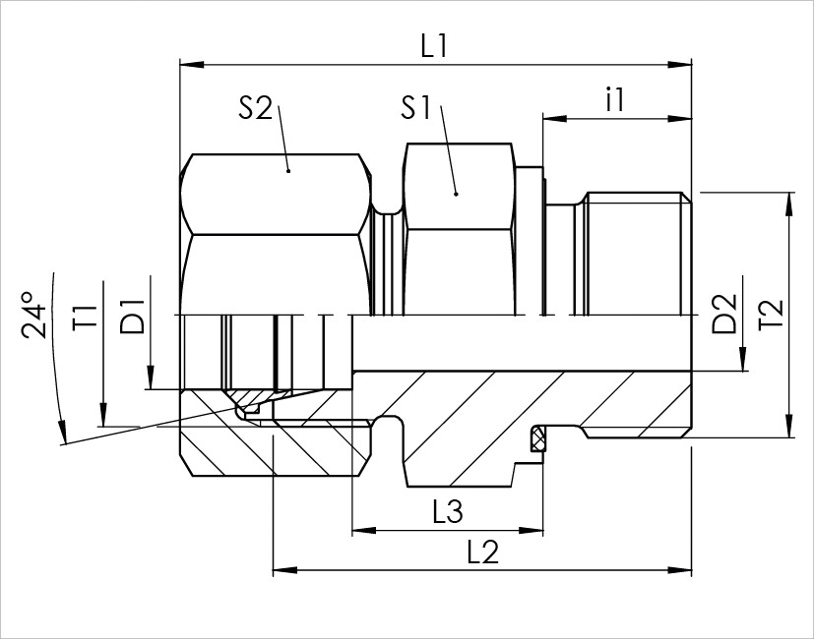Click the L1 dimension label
[x=433, y=46]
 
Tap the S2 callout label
[x=255, y=108]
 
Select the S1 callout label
[x=416, y=108]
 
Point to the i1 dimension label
[x=615, y=99]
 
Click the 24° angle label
[x=34, y=315]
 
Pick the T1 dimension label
[x=85, y=318]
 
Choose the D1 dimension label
[x=131, y=317]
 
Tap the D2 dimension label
[x=724, y=314]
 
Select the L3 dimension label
[x=448, y=512]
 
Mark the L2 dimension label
[x=483, y=552]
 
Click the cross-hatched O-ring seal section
[x=536, y=439]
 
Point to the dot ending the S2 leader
[x=288, y=171]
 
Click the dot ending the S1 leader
[x=456, y=194]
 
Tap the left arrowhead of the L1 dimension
[x=192, y=65]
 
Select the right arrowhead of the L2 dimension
[x=679, y=570]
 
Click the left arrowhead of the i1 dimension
[x=555, y=119]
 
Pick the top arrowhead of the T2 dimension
[x=789, y=204]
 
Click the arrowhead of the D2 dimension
[x=743, y=359]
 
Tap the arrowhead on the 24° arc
[x=62, y=433]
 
